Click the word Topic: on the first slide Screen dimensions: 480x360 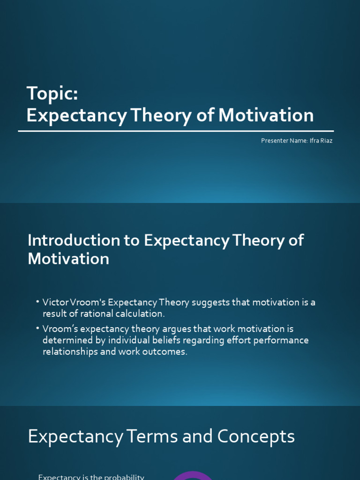pos(52,93)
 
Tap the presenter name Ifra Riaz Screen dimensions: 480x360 pos(321,141)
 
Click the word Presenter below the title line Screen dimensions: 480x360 pos(274,141)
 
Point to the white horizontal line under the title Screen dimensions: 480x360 pos(176,131)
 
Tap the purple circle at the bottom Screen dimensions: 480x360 pos(193,475)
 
